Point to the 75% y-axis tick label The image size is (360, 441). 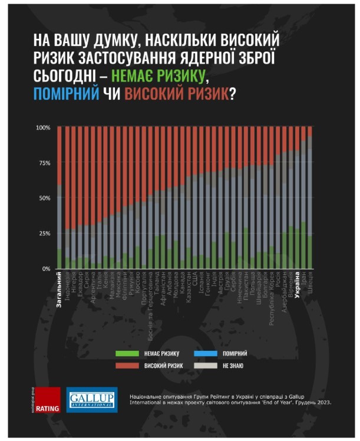45,163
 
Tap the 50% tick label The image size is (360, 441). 45,198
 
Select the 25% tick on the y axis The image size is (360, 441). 45,233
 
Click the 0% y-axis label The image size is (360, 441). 47,269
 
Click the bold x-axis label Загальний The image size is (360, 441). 60,289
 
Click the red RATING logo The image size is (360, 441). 48,399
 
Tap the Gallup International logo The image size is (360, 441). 91,399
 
